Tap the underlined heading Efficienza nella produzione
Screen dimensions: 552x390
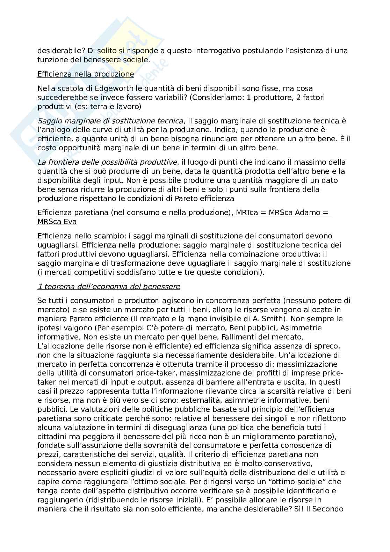tap(86, 74)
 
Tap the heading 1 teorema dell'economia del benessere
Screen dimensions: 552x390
tap(109, 287)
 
